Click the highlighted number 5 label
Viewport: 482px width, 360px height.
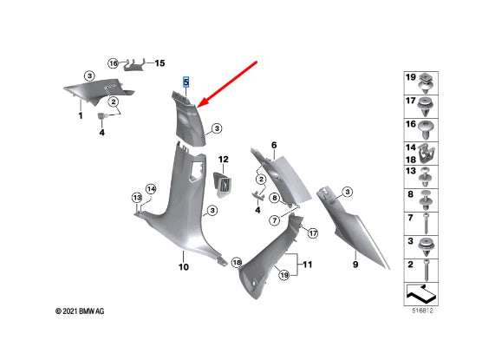[x=186, y=82]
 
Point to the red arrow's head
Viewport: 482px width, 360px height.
[x=202, y=102]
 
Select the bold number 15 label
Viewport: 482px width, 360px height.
[x=160, y=63]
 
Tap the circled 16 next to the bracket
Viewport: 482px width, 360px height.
[x=113, y=63]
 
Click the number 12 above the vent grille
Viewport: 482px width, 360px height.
[x=224, y=160]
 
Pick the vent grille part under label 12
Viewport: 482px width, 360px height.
[x=223, y=184]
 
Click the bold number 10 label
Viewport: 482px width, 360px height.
[x=184, y=267]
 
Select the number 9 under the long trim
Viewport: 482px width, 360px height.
[x=355, y=265]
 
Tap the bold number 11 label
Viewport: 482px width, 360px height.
[x=308, y=265]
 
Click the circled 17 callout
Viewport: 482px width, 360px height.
[x=313, y=233]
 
